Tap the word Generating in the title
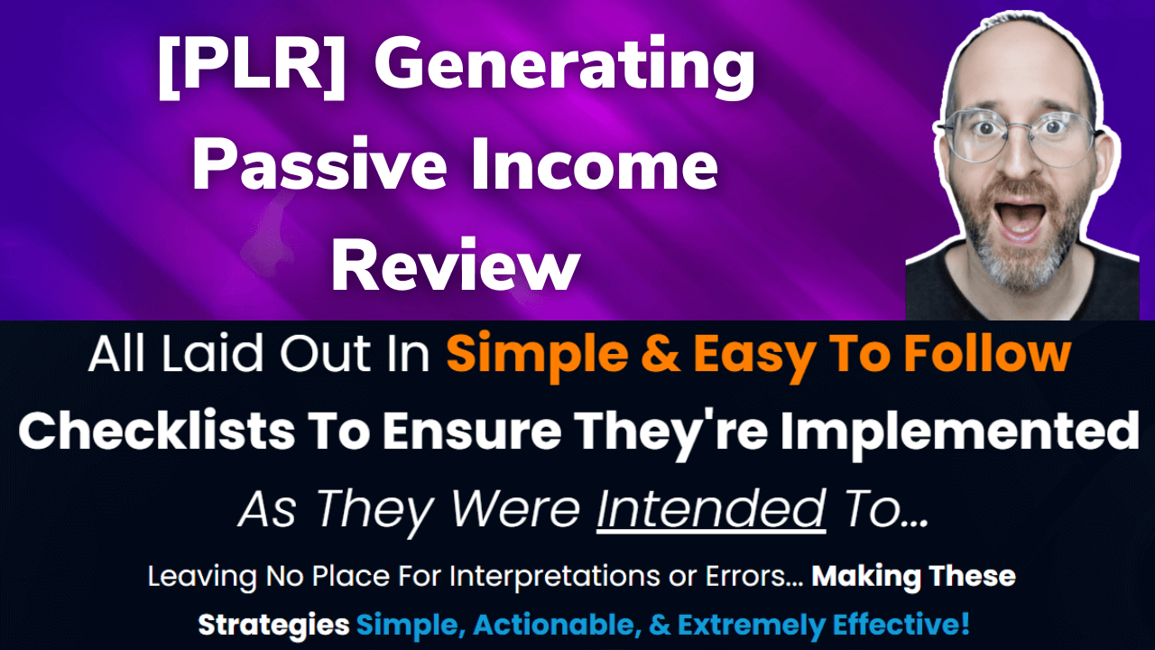pos(564,70)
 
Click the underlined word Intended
pos(711,510)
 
